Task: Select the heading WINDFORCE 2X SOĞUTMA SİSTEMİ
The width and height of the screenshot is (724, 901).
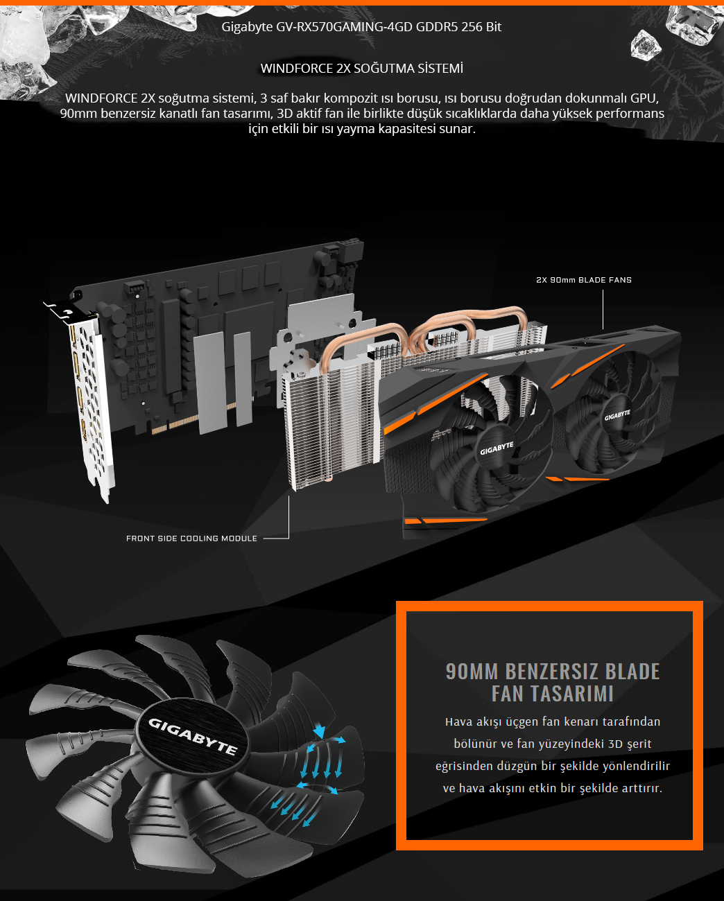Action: point(362,68)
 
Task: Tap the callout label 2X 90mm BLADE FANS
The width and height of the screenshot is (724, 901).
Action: point(584,280)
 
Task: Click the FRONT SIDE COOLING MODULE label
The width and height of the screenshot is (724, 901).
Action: point(191,539)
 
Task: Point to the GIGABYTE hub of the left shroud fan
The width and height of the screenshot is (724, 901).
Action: point(497,448)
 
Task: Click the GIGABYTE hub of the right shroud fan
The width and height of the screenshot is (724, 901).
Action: point(617,415)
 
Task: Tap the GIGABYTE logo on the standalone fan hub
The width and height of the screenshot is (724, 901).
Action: point(193,737)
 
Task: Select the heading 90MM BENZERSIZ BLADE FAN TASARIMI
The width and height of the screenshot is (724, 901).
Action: point(552,683)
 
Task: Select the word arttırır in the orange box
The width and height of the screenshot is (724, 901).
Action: point(642,788)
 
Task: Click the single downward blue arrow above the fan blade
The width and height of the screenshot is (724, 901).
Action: point(319,730)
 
